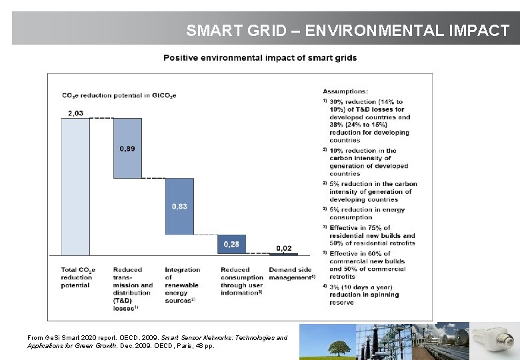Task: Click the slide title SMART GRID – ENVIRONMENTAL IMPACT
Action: point(347,31)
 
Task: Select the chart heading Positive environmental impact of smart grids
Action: point(260,58)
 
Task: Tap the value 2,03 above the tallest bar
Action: point(75,113)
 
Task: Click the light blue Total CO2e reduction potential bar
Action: point(75,187)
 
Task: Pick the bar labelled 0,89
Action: point(127,148)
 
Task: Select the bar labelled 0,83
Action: point(179,206)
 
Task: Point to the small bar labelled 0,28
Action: point(231,244)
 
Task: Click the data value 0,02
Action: point(283,248)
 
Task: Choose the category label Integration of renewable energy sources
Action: point(182,285)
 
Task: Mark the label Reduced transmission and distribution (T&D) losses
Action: point(132,289)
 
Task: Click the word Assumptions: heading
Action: point(345,91)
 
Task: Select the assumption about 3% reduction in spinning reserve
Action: point(369,294)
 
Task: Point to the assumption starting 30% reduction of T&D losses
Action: point(369,121)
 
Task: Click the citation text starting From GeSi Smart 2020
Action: point(157,342)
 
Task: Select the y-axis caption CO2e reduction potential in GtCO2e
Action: point(119,96)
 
